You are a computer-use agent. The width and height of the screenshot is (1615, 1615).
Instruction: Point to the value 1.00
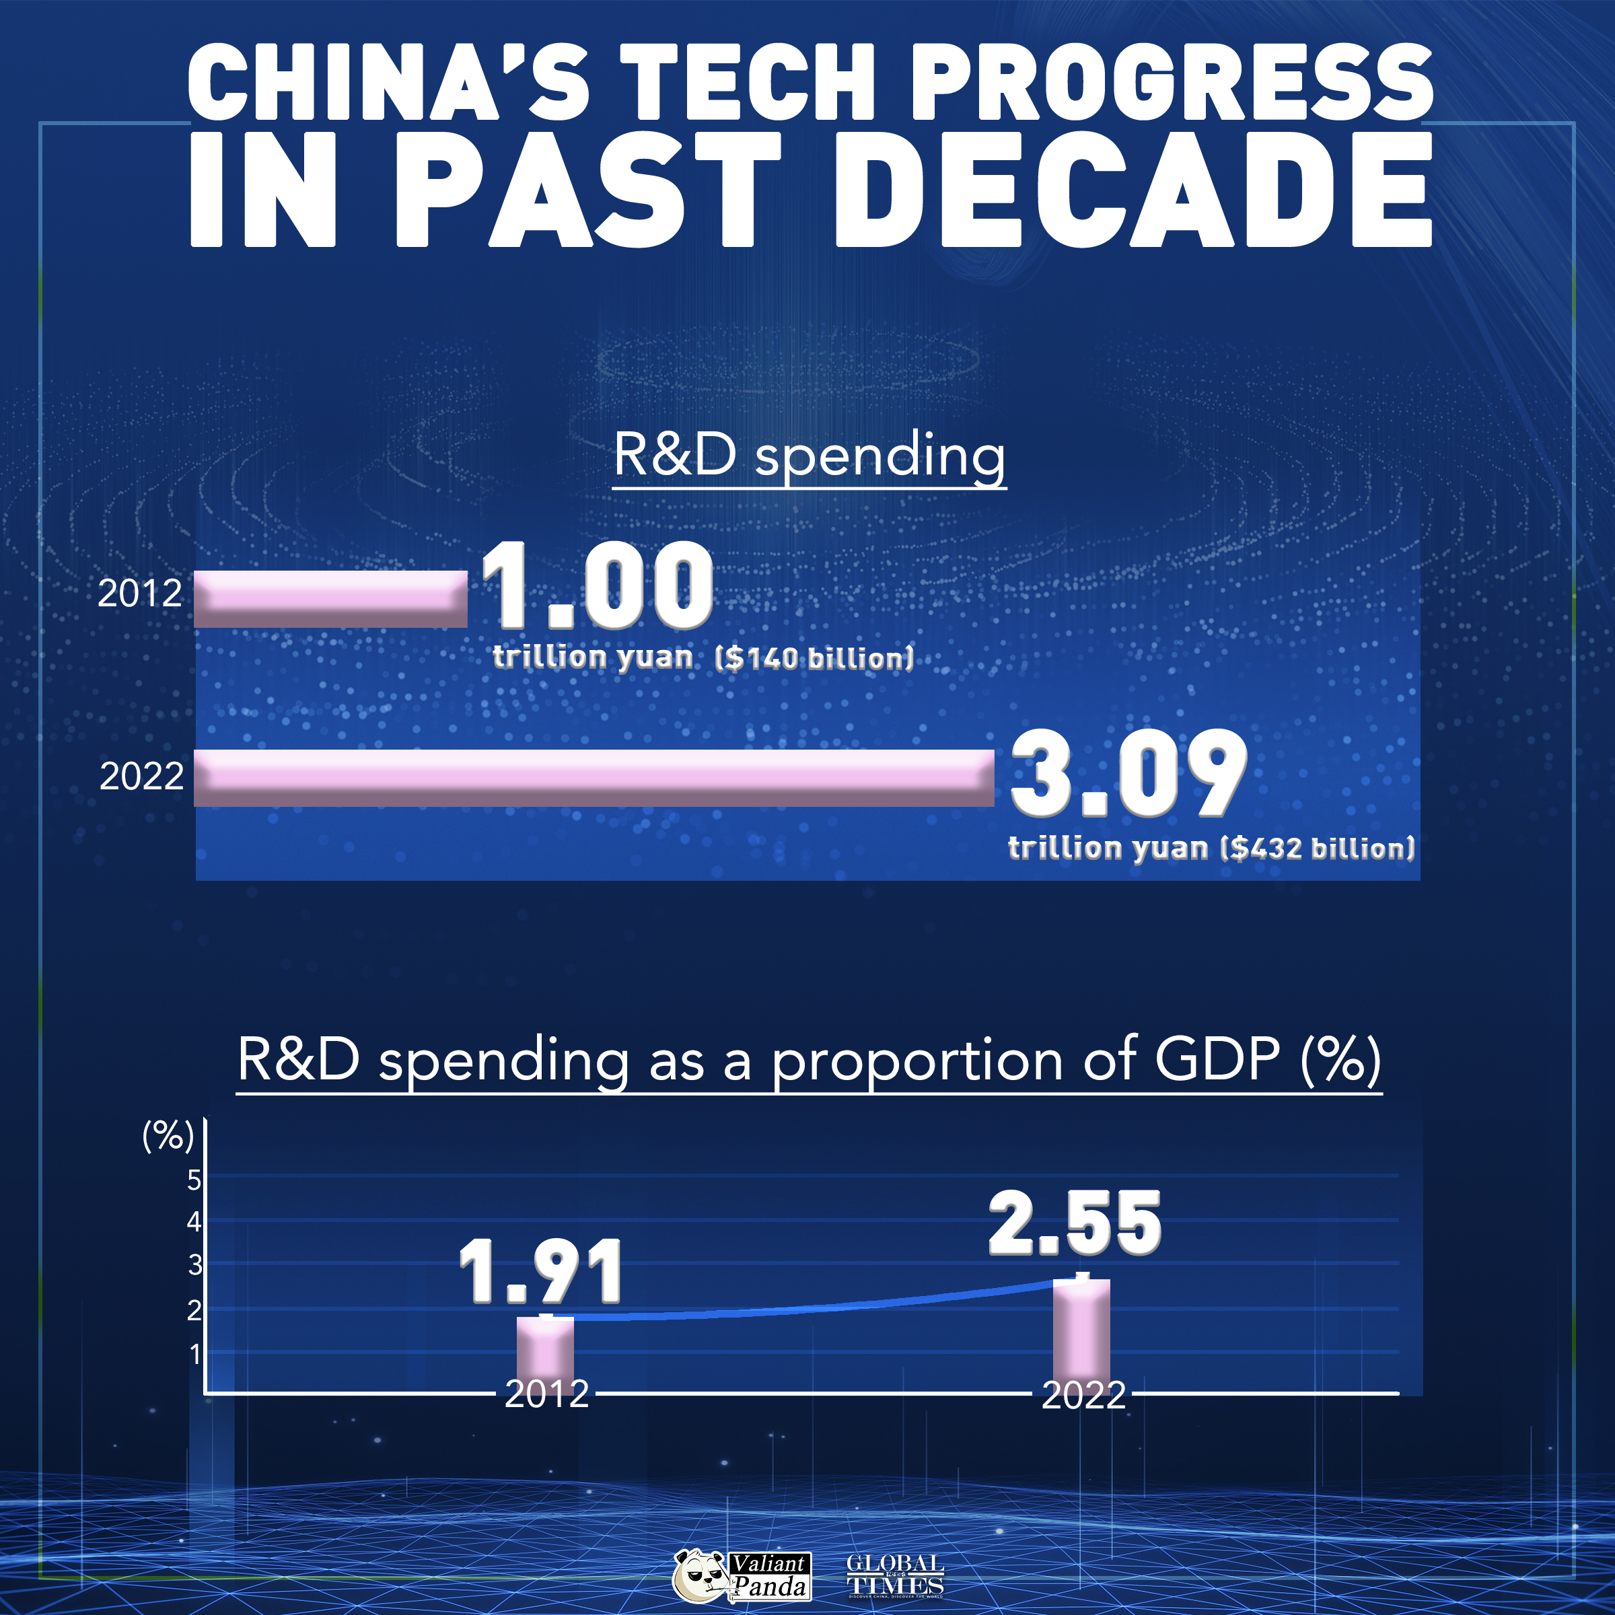[597, 585]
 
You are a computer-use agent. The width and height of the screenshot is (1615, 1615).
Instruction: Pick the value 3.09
[1128, 773]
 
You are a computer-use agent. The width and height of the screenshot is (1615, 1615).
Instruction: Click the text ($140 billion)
[814, 659]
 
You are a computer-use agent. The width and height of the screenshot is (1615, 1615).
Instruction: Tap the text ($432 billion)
[1318, 849]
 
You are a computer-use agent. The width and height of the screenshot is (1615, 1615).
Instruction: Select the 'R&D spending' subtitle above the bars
[809, 456]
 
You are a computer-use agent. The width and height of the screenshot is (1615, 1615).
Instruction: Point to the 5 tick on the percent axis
[194, 1180]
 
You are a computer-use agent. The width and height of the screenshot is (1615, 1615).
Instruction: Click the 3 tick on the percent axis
[194, 1265]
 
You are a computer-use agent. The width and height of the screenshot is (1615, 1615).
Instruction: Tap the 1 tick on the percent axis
[194, 1353]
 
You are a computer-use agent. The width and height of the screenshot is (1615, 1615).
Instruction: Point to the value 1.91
[542, 1272]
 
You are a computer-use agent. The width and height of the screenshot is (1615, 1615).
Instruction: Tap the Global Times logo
[894, 1575]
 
